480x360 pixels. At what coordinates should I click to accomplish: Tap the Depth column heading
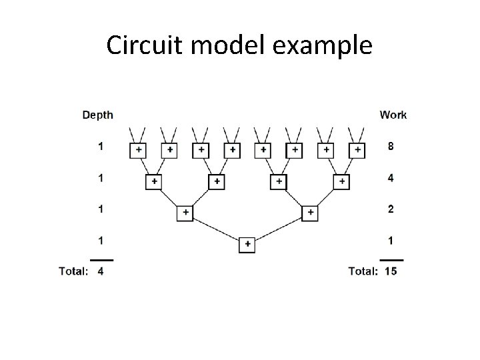[98, 115]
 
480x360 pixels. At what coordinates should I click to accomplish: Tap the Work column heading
[393, 115]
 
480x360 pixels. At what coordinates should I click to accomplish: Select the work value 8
[391, 146]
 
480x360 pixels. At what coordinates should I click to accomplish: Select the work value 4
[391, 177]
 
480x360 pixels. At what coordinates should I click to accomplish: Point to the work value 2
[391, 209]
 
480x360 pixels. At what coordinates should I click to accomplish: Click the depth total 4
[101, 271]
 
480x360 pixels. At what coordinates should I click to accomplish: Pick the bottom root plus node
[247, 245]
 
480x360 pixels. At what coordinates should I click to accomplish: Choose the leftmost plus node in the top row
[138, 150]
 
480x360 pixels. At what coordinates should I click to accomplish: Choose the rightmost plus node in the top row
[358, 150]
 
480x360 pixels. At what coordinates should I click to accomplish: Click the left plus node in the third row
[185, 213]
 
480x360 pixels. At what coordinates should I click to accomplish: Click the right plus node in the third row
[310, 213]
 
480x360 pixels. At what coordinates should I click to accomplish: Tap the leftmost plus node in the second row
[154, 181]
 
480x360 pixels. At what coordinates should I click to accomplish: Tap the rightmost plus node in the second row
[342, 181]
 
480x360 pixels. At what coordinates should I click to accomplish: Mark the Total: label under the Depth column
[73, 271]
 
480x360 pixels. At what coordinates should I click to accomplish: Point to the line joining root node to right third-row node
[279, 229]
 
